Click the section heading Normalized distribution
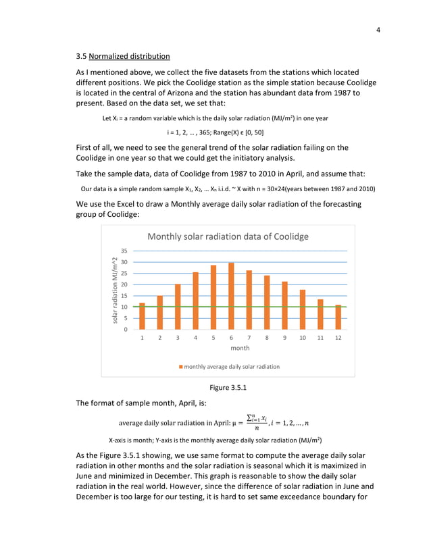[130, 55]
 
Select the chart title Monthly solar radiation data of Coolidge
[228, 236]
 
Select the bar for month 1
[142, 315]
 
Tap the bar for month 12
[338, 317]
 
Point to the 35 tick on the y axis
[124, 251]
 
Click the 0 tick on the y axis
[125, 330]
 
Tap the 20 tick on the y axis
[124, 284]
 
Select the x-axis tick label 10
[302, 336]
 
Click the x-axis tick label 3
[178, 336]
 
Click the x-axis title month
[240, 348]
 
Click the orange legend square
[180, 367]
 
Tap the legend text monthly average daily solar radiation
[232, 367]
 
